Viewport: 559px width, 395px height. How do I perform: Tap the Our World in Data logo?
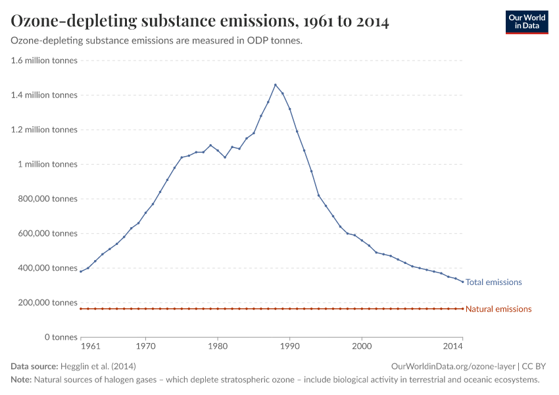pos(526,22)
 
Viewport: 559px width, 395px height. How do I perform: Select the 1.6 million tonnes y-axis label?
pos(44,61)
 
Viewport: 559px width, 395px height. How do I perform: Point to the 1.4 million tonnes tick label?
pos(44,95)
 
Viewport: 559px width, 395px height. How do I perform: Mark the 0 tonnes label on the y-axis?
pos(60,337)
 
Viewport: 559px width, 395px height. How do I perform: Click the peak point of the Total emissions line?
pos(275,84)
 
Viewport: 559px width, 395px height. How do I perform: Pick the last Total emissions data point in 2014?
pos(463,282)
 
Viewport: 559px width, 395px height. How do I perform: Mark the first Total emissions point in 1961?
pos(81,271)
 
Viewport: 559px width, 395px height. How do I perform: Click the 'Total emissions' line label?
pos(493,282)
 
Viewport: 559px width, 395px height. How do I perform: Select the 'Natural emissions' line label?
pos(498,309)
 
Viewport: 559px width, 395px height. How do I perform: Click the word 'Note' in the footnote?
pos(21,380)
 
